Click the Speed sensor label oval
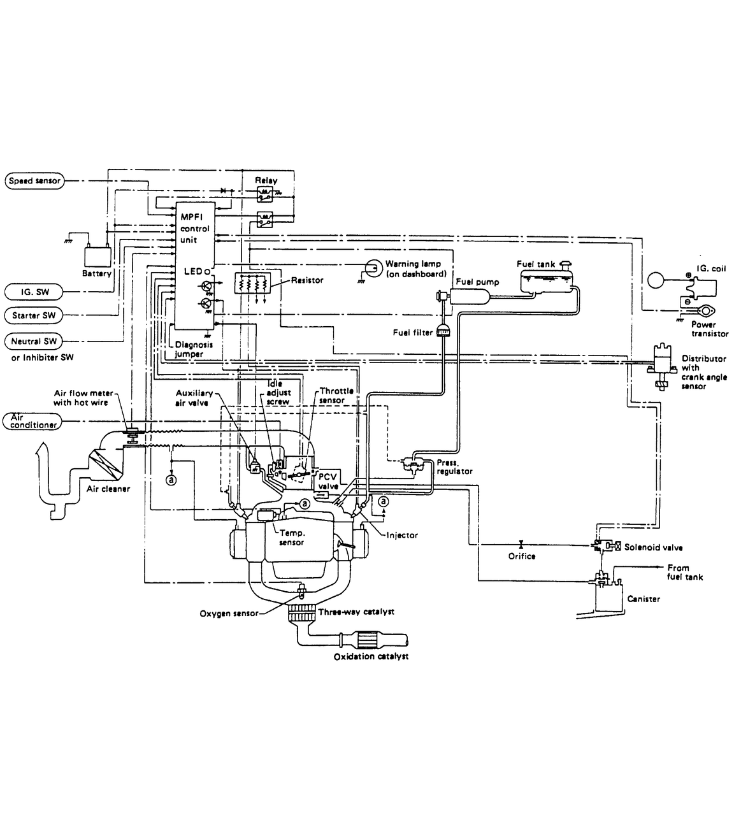tap(34, 181)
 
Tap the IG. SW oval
tap(34, 292)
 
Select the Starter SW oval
tap(34, 315)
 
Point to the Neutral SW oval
tap(34, 341)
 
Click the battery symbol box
tap(97, 256)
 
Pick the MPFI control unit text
tap(194, 229)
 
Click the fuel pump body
tap(469, 295)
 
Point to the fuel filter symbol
tap(443, 331)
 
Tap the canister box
tap(607, 598)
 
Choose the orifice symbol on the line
tap(521, 545)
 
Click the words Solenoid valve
tap(653, 547)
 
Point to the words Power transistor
tap(709, 329)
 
